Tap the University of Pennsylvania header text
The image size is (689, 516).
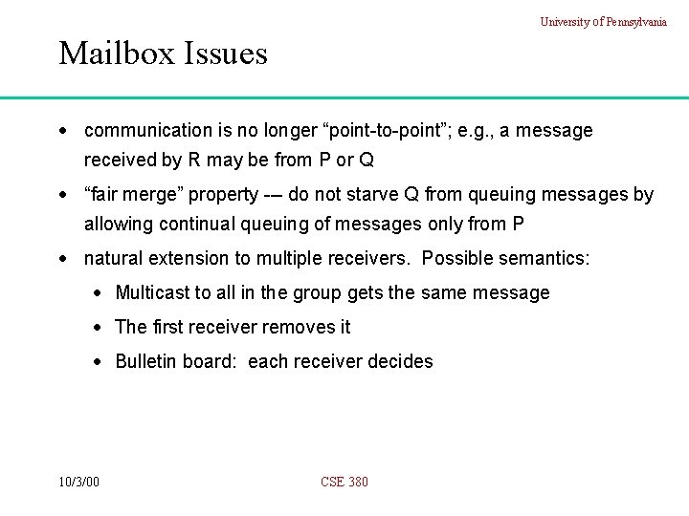604,22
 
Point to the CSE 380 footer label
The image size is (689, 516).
344,482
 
